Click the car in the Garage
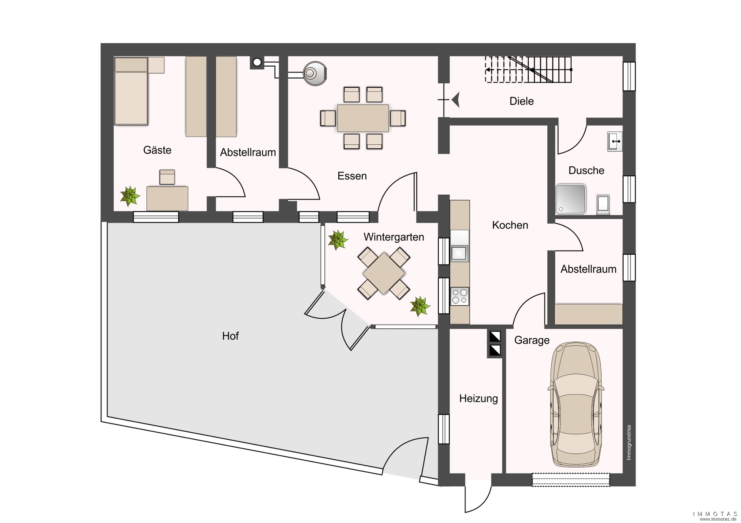576,405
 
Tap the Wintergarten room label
393,237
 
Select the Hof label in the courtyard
230,336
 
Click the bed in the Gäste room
131,91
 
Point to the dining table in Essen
363,118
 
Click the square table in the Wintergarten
383,274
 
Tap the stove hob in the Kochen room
460,296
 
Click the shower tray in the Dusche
571,199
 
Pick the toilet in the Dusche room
603,205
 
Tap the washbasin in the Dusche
615,142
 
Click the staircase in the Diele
529,69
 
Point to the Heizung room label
478,399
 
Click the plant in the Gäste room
130,196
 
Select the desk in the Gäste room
167,199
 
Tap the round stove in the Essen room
315,73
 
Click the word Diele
521,101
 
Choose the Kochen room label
510,225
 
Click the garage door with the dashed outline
571,480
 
